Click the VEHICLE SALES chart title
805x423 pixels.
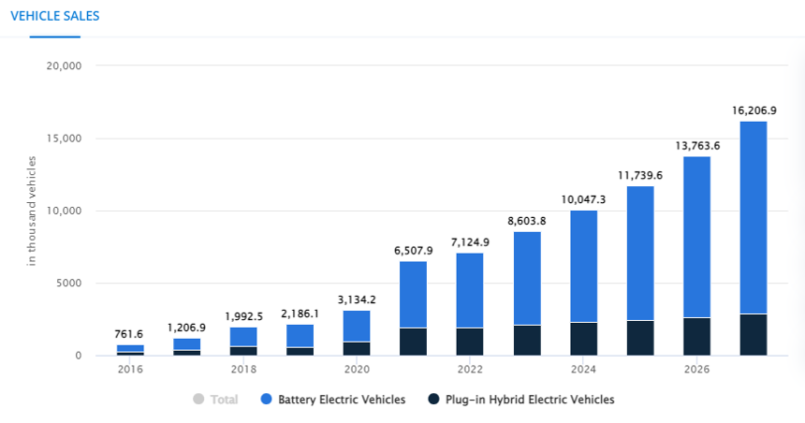click(x=54, y=16)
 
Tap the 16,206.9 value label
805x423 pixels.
click(x=754, y=110)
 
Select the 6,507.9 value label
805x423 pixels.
click(x=414, y=250)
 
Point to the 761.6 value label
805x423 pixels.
click(x=130, y=334)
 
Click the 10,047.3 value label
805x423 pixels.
click(x=583, y=199)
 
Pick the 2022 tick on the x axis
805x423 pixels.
click(x=470, y=369)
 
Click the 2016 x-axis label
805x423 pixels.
click(x=130, y=369)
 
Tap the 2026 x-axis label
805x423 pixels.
click(x=696, y=369)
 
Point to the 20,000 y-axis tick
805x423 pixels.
click(x=64, y=66)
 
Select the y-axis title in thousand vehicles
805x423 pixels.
click(x=31, y=211)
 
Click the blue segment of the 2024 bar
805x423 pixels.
click(x=583, y=267)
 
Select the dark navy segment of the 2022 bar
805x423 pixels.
click(x=470, y=342)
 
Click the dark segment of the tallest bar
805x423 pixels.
click(x=754, y=335)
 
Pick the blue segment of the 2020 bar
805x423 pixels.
click(x=357, y=326)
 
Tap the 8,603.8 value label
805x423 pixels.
click(x=527, y=220)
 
